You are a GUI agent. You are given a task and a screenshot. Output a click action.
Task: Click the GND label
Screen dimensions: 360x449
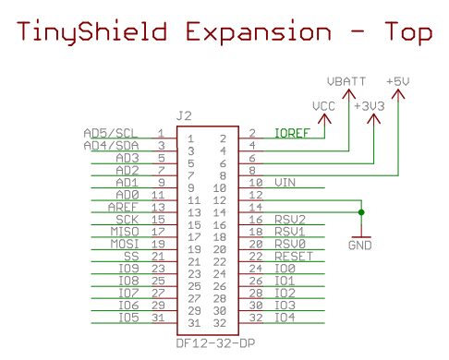pyautogui.click(x=360, y=246)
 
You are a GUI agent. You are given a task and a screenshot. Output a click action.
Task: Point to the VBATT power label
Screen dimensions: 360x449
pyautogui.click(x=346, y=81)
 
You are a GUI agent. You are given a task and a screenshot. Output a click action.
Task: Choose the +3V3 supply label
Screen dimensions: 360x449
pyautogui.click(x=370, y=105)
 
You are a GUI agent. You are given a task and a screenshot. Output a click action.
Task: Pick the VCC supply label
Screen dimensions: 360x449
pyautogui.click(x=324, y=105)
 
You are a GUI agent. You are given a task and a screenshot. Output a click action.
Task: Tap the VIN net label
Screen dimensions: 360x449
pyautogui.click(x=285, y=183)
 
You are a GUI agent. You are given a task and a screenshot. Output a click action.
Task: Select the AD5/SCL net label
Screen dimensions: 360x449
pyautogui.click(x=111, y=134)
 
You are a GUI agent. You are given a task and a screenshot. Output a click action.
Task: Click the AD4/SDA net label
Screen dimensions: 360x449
pyautogui.click(x=111, y=146)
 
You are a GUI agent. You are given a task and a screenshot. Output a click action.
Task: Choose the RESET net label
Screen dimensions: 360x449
pyautogui.click(x=293, y=256)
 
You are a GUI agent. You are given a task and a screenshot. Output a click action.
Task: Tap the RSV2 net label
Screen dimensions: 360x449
pyautogui.click(x=289, y=219)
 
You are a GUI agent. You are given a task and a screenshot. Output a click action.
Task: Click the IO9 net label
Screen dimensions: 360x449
pyautogui.click(x=128, y=268)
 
